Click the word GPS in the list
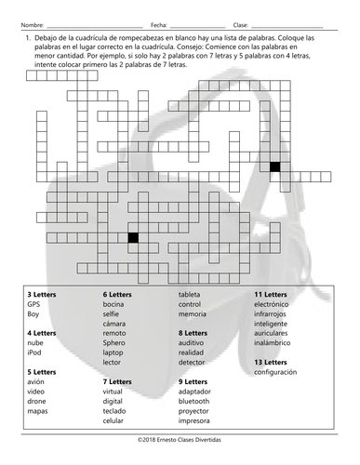coord(33,304)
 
